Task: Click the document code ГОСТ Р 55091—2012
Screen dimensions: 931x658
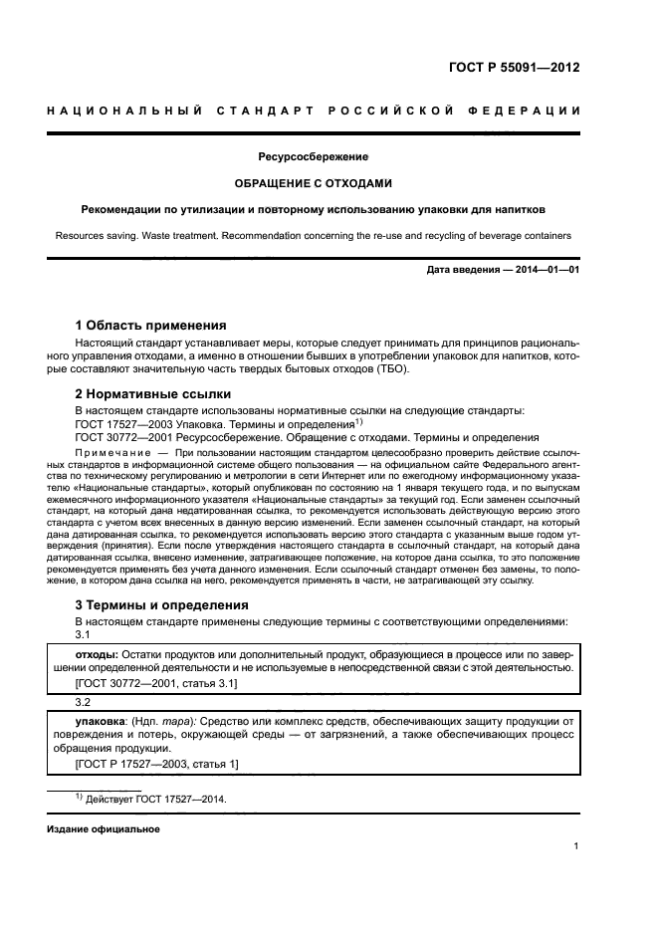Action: [x=515, y=69]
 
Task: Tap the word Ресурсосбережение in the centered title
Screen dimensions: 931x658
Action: [x=314, y=157]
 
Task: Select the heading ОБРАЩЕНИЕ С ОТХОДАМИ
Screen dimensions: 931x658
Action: [x=314, y=183]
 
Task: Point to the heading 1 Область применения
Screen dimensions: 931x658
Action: [x=151, y=325]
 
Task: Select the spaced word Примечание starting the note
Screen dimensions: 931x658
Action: [x=110, y=452]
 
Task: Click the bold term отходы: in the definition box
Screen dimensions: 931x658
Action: [x=98, y=653]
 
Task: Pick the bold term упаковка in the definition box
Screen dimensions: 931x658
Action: [x=101, y=719]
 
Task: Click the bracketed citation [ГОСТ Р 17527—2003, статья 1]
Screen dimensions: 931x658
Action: [x=157, y=764]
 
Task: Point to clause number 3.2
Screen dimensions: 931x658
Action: [x=84, y=701]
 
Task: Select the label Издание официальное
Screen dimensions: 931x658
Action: [x=104, y=828]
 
